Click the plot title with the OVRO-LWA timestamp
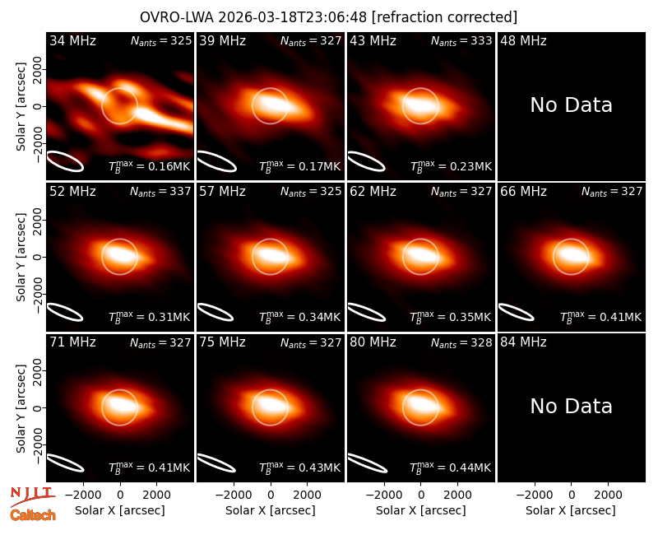tap(328, 17)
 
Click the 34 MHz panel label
tap(72, 40)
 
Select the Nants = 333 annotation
tap(461, 40)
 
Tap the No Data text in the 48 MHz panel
tap(571, 105)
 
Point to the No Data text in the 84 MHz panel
tap(571, 406)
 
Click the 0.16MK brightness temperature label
tap(150, 166)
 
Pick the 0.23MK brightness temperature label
tap(451, 166)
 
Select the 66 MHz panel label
tap(523, 192)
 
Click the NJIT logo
tap(32, 495)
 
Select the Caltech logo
tap(33, 515)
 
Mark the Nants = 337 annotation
tap(160, 192)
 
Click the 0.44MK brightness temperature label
tap(451, 468)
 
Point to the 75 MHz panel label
tap(222, 342)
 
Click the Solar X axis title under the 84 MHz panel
tap(571, 510)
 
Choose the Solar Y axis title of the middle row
tap(21, 257)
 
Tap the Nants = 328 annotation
tap(461, 342)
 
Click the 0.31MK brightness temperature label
tap(150, 317)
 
